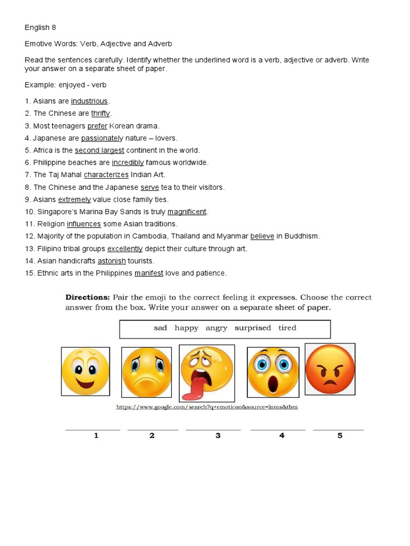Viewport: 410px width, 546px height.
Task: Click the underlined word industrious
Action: tap(89, 101)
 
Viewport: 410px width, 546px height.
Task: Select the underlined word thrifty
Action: tap(100, 114)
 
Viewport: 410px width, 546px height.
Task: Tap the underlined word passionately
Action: tap(102, 138)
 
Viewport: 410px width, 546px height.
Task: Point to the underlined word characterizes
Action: tap(106, 175)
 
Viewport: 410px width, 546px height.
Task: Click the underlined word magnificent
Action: tap(187, 212)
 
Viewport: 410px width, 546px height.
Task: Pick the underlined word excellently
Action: tap(125, 248)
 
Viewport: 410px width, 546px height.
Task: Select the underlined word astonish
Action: tap(112, 261)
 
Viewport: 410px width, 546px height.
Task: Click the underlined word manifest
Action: tap(149, 273)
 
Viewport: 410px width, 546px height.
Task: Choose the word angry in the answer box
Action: tap(216, 328)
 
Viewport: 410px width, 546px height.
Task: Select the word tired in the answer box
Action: tap(287, 328)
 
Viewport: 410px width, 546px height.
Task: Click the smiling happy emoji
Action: tap(85, 372)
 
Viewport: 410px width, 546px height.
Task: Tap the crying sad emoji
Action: tap(147, 372)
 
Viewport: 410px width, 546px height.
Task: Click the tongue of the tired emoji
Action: tap(191, 390)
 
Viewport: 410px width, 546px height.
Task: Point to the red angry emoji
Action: tap(330, 368)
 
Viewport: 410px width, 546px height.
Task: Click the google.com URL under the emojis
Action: tap(207, 407)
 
